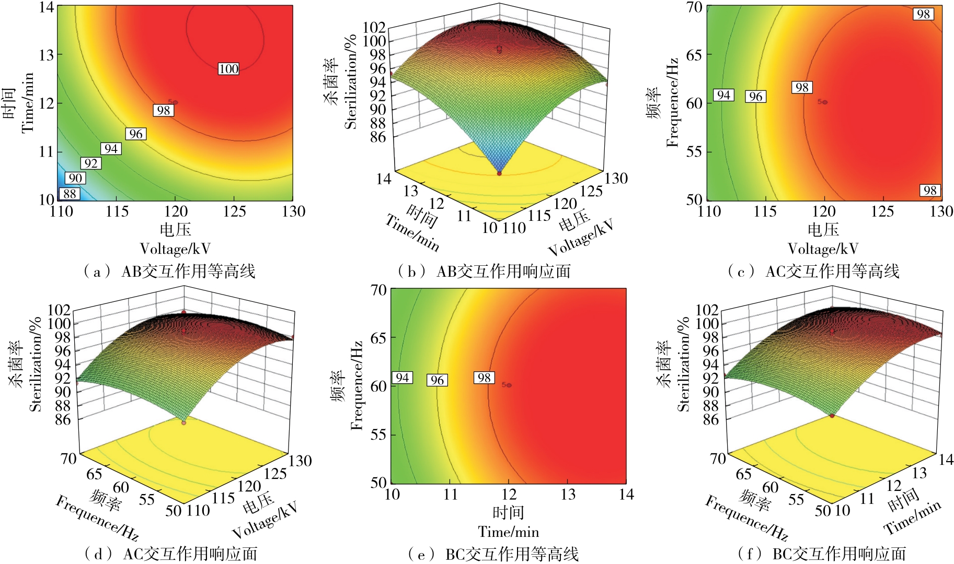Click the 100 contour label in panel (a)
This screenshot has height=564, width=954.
click(x=228, y=68)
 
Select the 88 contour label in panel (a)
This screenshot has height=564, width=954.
click(x=69, y=194)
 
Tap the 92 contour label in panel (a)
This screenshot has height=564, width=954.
click(x=91, y=163)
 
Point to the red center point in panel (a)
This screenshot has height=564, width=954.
click(x=175, y=102)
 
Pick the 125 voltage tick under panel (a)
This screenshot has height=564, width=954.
click(x=234, y=211)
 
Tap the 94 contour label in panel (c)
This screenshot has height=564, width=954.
click(x=723, y=95)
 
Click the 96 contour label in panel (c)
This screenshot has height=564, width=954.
click(x=755, y=96)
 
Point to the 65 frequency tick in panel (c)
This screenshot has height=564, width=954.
click(x=694, y=55)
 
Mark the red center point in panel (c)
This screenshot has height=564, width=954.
click(x=825, y=102)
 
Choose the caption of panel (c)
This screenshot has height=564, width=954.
click(x=814, y=272)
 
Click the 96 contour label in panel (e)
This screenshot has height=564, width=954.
click(x=437, y=380)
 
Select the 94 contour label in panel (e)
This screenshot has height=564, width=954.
click(x=402, y=378)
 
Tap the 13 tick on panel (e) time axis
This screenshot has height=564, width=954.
click(x=568, y=495)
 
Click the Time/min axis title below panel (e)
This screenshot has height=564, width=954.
click(x=508, y=532)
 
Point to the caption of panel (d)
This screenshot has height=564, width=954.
click(x=171, y=554)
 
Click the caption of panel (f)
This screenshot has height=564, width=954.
click(x=822, y=554)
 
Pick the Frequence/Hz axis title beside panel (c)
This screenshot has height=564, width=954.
click(x=672, y=102)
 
